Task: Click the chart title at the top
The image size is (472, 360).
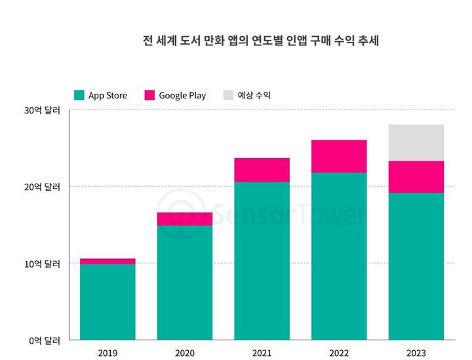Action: point(261,41)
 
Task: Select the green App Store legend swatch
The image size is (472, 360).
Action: point(79,95)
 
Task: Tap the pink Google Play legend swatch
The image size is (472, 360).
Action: point(149,95)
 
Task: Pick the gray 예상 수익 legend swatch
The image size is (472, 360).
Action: point(228,95)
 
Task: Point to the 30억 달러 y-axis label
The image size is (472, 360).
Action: point(43,110)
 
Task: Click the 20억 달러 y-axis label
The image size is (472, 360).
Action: point(43,187)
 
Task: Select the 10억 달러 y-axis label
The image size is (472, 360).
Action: point(43,264)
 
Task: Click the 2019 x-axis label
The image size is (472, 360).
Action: point(108,353)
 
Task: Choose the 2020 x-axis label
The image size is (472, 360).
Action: point(185,353)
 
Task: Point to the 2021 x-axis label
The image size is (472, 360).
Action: point(262,353)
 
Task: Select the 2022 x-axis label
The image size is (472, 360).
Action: point(339,353)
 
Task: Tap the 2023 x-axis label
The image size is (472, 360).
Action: point(416,353)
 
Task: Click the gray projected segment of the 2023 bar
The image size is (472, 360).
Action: point(416,142)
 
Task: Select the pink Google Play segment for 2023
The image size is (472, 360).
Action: point(416,176)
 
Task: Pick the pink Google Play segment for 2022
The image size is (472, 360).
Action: point(339,156)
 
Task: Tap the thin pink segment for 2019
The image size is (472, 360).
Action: point(108,261)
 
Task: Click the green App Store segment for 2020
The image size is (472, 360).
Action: point(185,282)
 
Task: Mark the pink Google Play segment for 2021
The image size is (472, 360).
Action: point(262,169)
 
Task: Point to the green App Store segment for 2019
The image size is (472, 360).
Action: point(108,302)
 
